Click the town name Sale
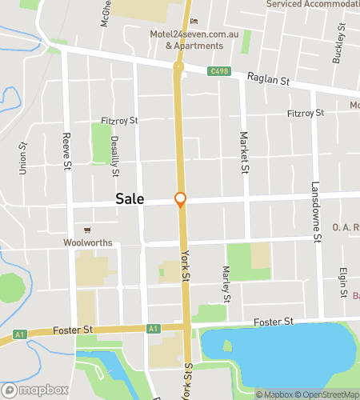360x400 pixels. (x=130, y=199)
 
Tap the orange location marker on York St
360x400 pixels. (x=181, y=199)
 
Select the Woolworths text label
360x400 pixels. (x=85, y=241)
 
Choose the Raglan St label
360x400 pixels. (x=266, y=78)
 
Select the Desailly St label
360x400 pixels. (x=115, y=155)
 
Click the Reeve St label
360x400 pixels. (x=67, y=151)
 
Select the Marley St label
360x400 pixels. (x=226, y=286)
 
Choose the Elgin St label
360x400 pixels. (x=342, y=283)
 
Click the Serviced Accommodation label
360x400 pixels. (x=311, y=4)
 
